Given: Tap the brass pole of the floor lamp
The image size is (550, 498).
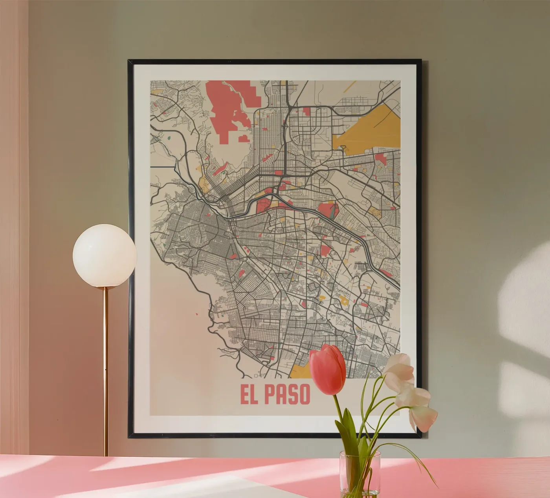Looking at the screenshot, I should pyautogui.click(x=105, y=373).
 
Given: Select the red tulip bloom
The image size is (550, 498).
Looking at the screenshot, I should pyautogui.click(x=328, y=369).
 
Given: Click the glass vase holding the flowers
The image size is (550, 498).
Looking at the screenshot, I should pyautogui.click(x=359, y=475).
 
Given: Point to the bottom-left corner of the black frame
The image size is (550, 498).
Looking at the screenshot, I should pyautogui.click(x=129, y=436).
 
